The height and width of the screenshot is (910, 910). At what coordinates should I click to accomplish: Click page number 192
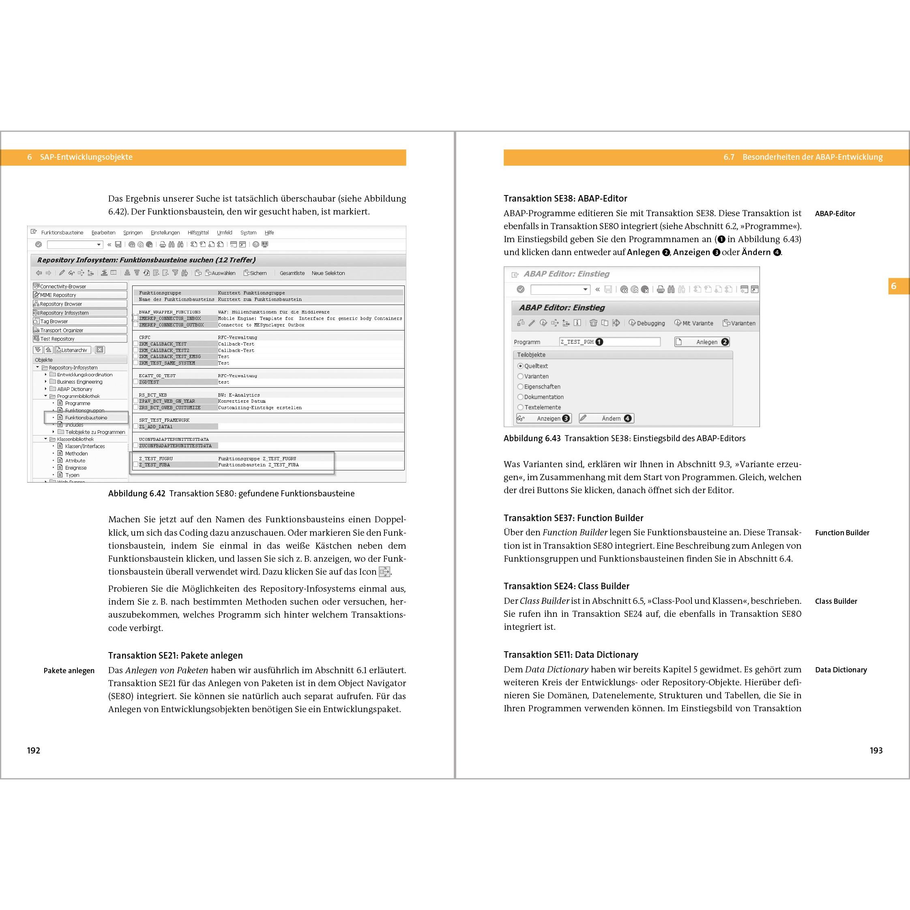[33, 750]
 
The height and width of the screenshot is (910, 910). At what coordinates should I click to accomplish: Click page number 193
[876, 750]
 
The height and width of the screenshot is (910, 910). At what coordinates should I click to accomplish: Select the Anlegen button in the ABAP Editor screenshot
[702, 342]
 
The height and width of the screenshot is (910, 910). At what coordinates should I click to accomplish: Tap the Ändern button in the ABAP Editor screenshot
[606, 418]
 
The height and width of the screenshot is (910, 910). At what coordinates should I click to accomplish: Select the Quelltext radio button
[520, 366]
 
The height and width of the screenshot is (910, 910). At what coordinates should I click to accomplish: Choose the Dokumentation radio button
[520, 397]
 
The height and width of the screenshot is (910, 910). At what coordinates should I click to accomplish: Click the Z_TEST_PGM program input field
[610, 342]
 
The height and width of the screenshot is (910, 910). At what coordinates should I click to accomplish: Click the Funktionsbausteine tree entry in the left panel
[86, 418]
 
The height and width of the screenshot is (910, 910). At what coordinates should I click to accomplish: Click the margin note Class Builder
[836, 601]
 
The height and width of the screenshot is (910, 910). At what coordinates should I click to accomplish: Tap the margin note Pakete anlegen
[69, 671]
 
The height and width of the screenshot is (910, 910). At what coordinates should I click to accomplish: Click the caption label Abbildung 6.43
[532, 438]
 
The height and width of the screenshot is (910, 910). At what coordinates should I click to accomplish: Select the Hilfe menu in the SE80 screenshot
[269, 233]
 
